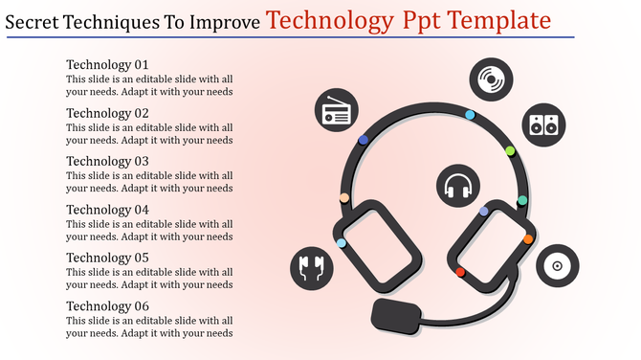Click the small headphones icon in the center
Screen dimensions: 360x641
coord(458,185)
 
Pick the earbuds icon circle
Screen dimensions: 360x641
coord(312,267)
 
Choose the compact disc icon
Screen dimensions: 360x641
coord(557,264)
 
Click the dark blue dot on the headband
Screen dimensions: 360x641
coord(364,140)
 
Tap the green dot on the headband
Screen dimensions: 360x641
coord(510,150)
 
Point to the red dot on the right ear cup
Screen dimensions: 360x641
coord(460,272)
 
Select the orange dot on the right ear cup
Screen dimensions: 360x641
coord(527,239)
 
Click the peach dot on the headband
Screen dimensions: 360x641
coord(344,198)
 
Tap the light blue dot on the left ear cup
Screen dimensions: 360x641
coord(342,243)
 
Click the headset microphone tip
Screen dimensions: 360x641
coord(394,314)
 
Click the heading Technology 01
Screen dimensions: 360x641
coord(107,65)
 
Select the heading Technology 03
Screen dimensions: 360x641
coord(107,161)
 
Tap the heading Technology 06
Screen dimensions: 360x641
coord(107,305)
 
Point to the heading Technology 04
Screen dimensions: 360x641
coord(107,210)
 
